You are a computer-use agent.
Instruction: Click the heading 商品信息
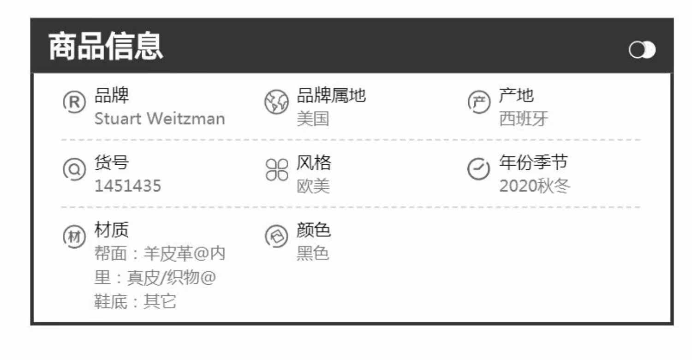pyautogui.click(x=106, y=47)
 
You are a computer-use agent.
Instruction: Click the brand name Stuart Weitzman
pyautogui.click(x=160, y=119)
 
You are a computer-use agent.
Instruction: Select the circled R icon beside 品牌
pyautogui.click(x=74, y=102)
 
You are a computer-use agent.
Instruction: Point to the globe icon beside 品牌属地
pyautogui.click(x=276, y=102)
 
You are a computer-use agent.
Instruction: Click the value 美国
pyautogui.click(x=313, y=119)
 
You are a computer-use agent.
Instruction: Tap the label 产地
pyautogui.click(x=516, y=96)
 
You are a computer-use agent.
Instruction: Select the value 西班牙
pyautogui.click(x=524, y=119)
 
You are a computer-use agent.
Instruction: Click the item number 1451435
pyautogui.click(x=128, y=186)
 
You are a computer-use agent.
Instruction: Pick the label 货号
pyautogui.click(x=112, y=162)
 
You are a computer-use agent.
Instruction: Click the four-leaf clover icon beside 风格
pyautogui.click(x=276, y=169)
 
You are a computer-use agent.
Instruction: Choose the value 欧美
pyautogui.click(x=313, y=186)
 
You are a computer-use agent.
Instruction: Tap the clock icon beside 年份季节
pyautogui.click(x=478, y=169)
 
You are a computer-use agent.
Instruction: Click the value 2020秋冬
pyautogui.click(x=535, y=186)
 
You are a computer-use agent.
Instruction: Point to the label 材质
pyautogui.click(x=112, y=229)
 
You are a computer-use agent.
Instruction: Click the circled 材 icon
pyautogui.click(x=74, y=237)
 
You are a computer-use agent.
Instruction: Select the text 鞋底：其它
pyautogui.click(x=135, y=302)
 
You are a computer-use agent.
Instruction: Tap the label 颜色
pyautogui.click(x=313, y=229)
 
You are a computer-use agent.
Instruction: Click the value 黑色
pyautogui.click(x=313, y=253)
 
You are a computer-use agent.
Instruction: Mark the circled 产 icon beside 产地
pyautogui.click(x=479, y=102)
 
